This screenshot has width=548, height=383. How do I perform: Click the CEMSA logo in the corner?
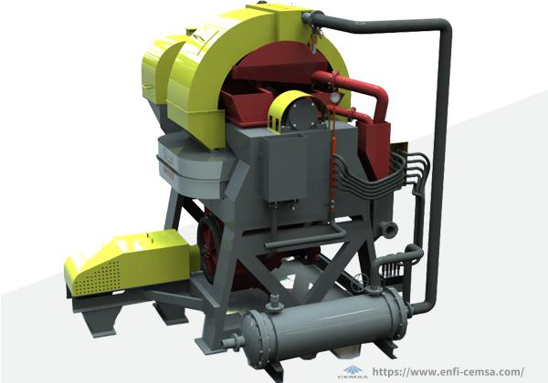click(353, 372)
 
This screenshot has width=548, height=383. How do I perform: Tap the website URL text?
click(448, 372)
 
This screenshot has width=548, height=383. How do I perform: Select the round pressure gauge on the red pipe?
click(335, 97)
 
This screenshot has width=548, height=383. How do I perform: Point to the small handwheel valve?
click(360, 280)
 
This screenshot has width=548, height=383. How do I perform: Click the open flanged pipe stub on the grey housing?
click(390, 229)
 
